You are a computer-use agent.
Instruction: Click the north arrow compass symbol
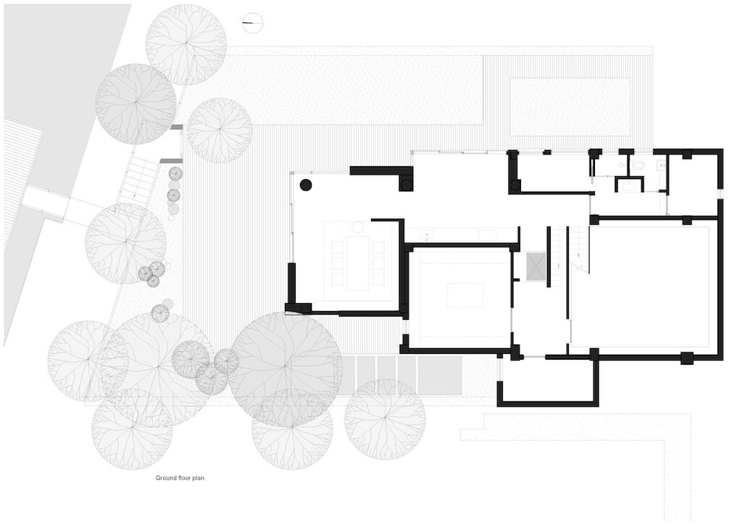tap(253, 24)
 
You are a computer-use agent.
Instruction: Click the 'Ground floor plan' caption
tap(181, 478)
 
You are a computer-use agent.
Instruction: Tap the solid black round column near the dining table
tap(306, 185)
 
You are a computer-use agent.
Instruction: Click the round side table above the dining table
tap(357, 228)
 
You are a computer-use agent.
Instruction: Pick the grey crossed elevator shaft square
tap(535, 266)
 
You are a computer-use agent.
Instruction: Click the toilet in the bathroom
tap(638, 166)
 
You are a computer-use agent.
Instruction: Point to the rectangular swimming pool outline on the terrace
tap(570, 107)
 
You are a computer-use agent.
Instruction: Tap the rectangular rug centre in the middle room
tap(464, 295)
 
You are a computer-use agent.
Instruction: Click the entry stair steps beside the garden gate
tap(138, 181)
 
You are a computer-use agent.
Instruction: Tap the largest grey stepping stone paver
tap(440, 376)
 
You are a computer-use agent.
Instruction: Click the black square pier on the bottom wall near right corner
tap(686, 357)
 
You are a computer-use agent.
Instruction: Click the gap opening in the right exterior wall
tap(720, 194)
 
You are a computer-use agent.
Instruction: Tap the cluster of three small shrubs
tap(151, 273)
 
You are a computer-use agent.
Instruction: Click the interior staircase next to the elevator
tap(579, 251)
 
